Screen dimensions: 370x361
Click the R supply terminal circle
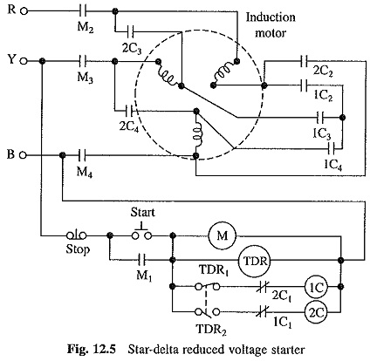24,11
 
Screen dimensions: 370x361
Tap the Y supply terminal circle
24,61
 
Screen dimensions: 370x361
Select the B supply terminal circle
24,155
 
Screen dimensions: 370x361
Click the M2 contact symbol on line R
83,11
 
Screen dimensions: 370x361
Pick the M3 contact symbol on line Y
83,61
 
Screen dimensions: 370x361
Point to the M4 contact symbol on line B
83,155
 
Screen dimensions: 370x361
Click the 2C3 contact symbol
131,31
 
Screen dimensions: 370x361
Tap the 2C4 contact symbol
130,111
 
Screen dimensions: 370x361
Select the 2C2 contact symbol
304,61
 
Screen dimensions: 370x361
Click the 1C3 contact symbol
320,118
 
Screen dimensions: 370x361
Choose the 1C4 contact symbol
332,148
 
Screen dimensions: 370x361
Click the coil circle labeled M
222,235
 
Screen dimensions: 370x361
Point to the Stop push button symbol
77,235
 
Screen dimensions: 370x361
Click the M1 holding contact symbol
141,260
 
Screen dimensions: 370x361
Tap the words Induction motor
271,25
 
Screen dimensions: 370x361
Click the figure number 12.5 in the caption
103,349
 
